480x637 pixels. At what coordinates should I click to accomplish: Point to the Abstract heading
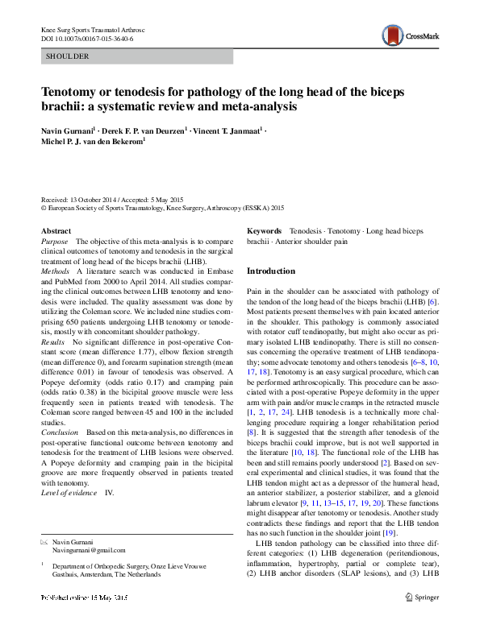(x=56, y=230)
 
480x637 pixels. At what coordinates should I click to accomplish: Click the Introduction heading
(x=270, y=271)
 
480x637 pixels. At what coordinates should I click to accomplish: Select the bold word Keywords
(x=264, y=230)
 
